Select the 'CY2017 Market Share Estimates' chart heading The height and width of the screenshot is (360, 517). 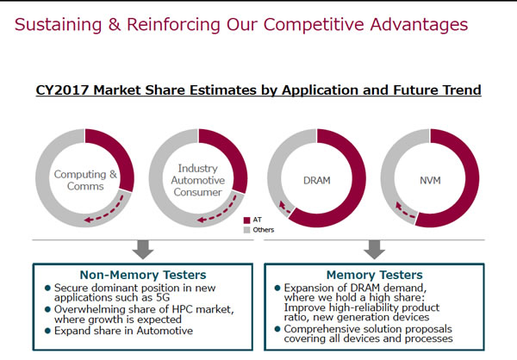(258, 90)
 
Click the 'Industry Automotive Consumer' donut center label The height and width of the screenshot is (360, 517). (199, 180)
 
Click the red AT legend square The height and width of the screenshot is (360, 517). (246, 220)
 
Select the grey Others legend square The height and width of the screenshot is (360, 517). (246, 230)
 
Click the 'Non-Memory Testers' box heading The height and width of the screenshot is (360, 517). (142, 275)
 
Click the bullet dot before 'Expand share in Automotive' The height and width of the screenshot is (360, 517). (48, 331)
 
